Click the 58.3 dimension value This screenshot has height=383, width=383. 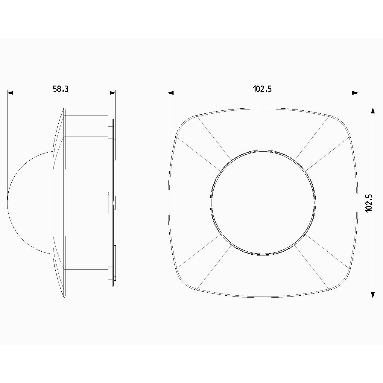61,89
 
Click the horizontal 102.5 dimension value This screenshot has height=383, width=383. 262,89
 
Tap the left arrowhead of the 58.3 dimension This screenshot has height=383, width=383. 10,93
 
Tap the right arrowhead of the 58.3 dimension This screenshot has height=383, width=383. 113,93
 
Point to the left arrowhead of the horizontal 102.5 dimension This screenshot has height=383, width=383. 171,93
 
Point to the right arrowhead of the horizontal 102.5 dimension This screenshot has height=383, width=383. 355,93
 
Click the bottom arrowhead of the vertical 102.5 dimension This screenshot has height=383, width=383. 373,295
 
